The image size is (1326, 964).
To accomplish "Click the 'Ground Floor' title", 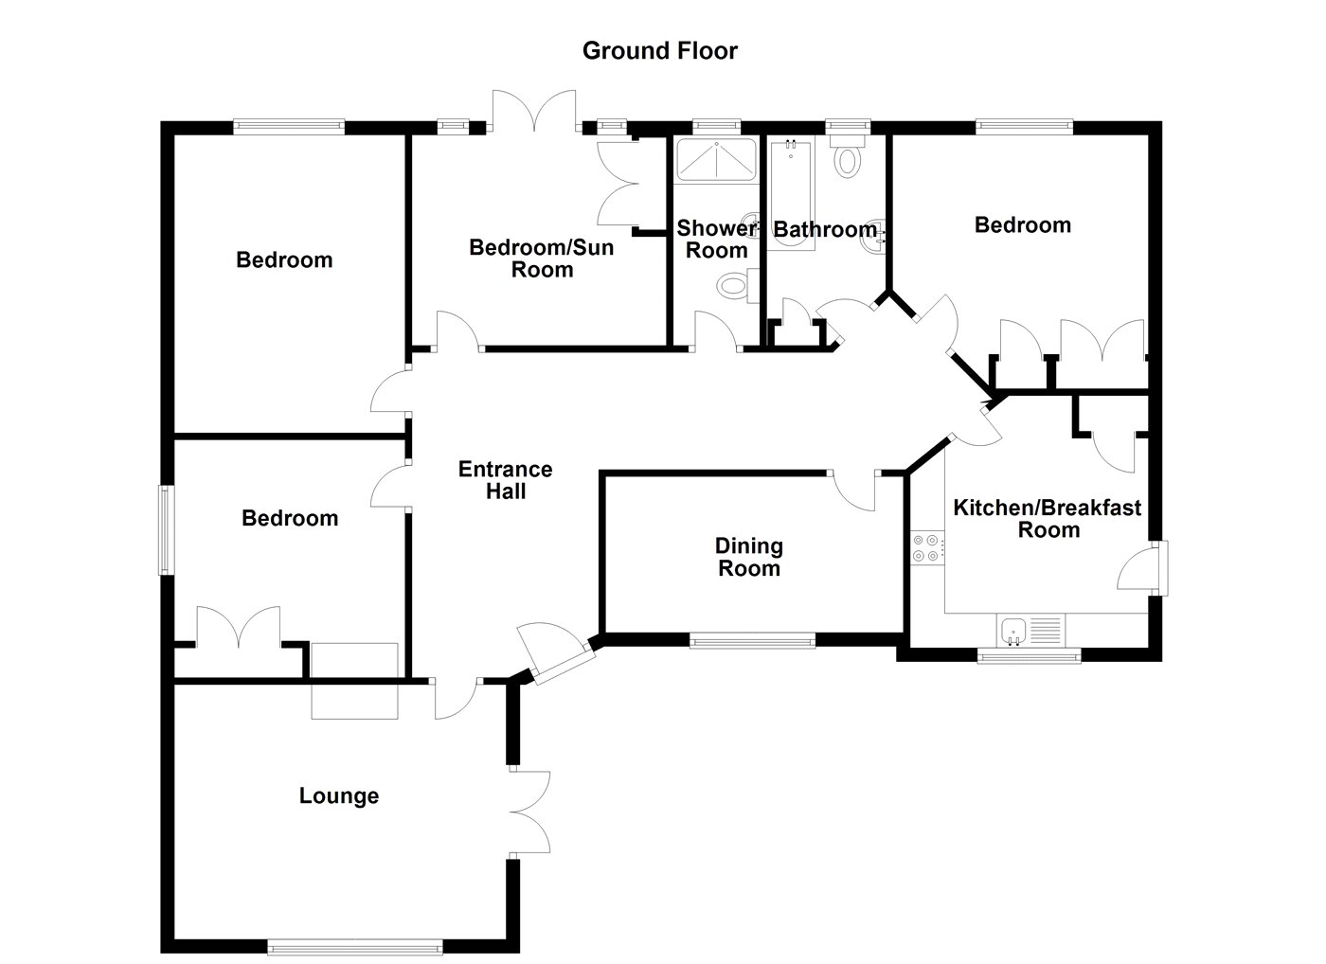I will [659, 50].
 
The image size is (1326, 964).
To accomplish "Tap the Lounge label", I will [339, 796].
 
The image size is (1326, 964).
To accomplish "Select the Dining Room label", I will [748, 557].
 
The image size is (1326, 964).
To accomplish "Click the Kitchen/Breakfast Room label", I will [1048, 518].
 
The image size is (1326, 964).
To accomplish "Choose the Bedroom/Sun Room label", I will [542, 259].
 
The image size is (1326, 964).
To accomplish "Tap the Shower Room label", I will [716, 240].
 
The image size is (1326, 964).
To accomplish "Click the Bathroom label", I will [824, 229].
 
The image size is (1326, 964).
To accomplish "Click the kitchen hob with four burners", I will [926, 548].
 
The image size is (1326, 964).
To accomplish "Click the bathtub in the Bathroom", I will [792, 195].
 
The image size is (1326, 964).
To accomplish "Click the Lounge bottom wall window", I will [354, 944].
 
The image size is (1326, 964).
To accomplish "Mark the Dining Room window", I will [752, 642].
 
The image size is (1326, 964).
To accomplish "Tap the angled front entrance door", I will [557, 653].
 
